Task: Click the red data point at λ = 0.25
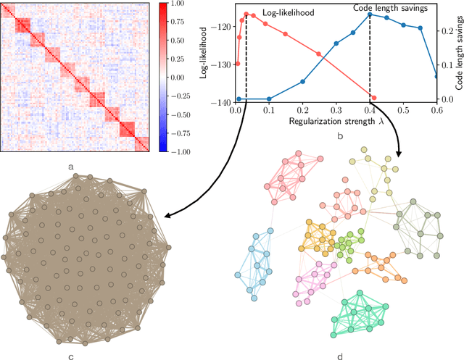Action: tap(319, 54)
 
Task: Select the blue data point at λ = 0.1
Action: tap(269, 99)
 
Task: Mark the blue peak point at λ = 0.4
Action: tap(370, 14)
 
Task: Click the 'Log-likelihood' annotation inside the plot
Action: tap(283, 12)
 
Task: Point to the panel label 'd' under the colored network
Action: tap(340, 354)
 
